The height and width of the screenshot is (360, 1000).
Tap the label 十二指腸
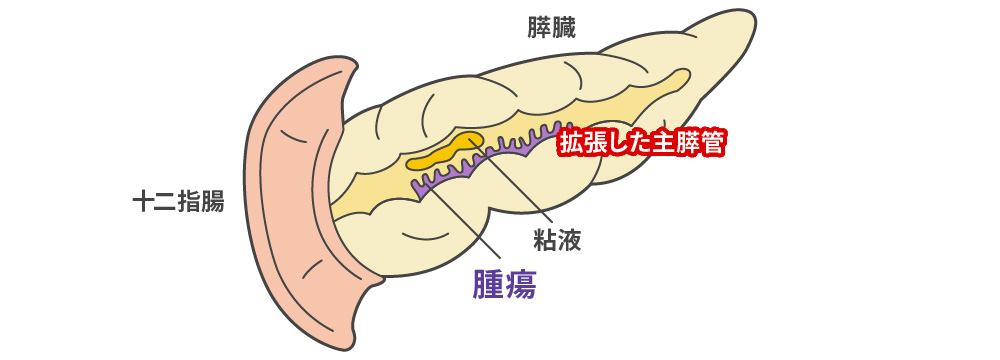coord(178,202)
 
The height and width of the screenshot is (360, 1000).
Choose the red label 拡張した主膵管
coord(640,143)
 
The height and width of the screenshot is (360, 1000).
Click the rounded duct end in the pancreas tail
coord(682,75)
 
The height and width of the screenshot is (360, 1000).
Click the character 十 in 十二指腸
coord(144,202)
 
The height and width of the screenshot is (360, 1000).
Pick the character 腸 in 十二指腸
coord(212,202)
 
